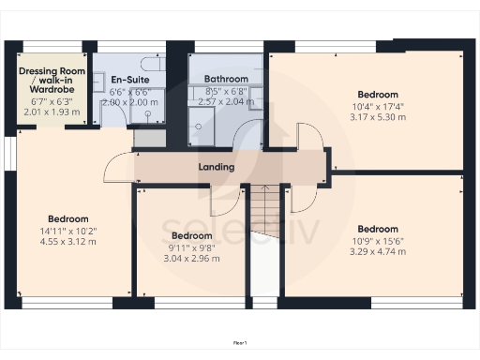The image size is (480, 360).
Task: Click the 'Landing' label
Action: point(216,168)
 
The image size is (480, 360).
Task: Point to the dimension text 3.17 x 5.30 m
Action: point(379,117)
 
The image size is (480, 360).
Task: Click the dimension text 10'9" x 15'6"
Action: point(378,240)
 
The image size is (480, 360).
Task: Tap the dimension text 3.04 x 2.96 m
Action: point(190,259)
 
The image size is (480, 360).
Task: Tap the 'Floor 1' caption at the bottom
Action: point(240,344)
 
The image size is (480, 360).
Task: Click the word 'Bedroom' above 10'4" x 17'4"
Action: point(378,95)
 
